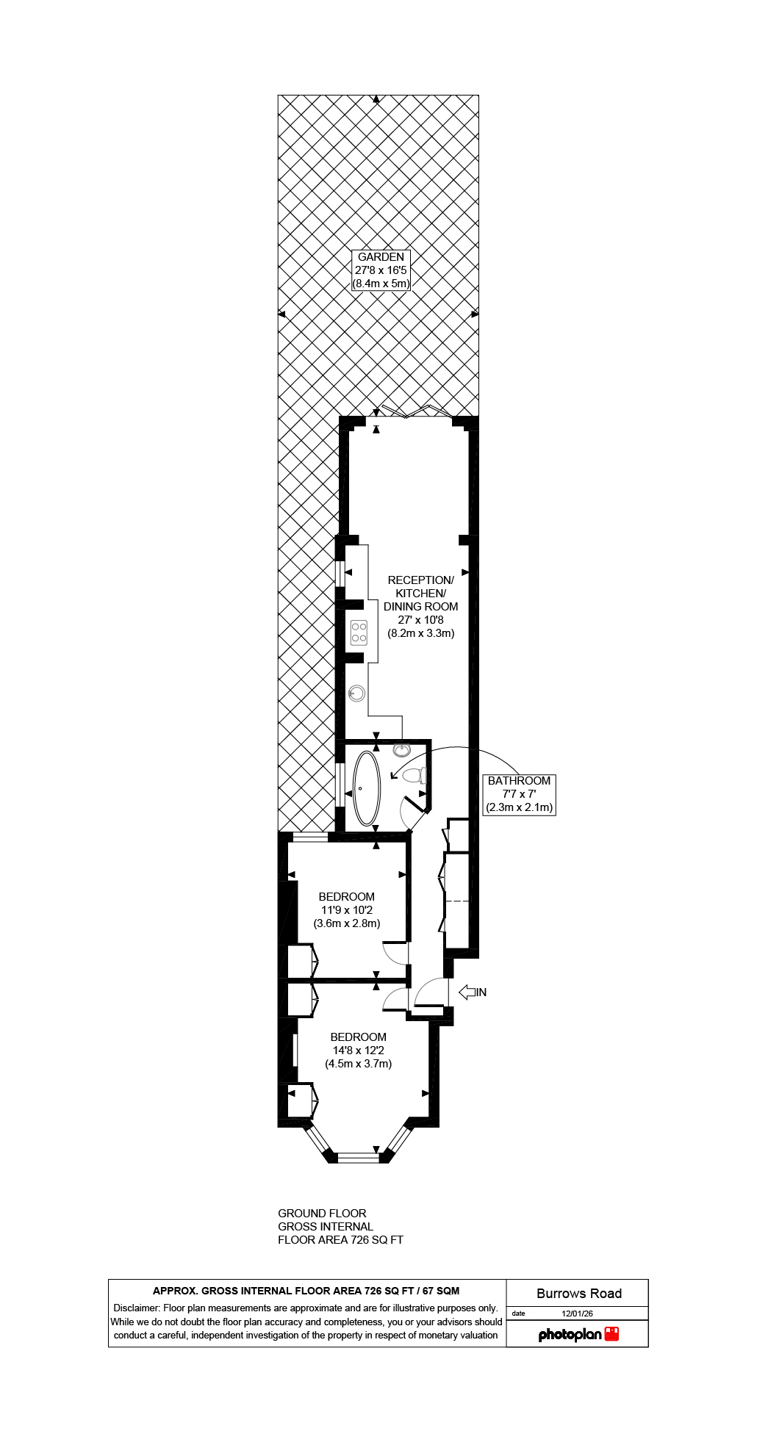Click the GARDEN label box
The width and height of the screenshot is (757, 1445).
(381, 270)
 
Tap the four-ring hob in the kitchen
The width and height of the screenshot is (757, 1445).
(359, 633)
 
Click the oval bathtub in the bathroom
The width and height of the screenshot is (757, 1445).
(367, 788)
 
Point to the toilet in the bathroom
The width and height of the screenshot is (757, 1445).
(417, 775)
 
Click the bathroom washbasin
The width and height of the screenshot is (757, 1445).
(401, 749)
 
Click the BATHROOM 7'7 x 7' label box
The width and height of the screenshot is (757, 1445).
(519, 794)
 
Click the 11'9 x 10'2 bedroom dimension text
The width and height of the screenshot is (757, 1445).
(346, 910)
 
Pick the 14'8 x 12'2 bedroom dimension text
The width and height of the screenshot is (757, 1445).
(358, 1051)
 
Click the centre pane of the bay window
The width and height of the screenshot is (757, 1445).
(358, 1157)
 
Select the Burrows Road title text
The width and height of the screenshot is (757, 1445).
(578, 1294)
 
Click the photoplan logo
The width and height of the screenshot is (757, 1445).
(578, 1334)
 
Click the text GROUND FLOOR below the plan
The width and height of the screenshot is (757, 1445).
(322, 1213)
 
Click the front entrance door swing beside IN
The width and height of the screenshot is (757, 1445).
(429, 993)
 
